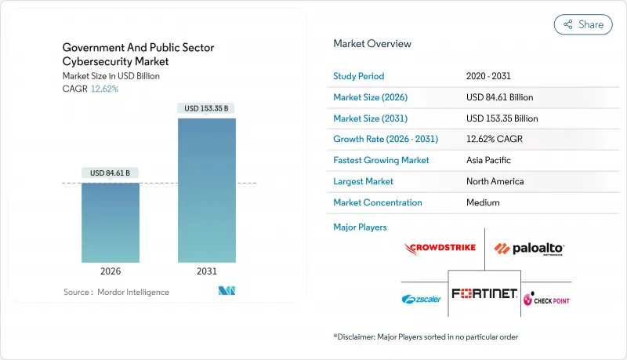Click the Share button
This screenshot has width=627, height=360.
[x=583, y=24]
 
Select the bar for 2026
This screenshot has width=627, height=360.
[x=111, y=223]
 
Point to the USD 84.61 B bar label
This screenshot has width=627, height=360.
[x=111, y=173]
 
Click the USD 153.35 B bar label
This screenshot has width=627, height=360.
[x=207, y=108]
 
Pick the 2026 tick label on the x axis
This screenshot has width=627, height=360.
[x=111, y=271]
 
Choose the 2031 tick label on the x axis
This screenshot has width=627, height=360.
[x=207, y=271]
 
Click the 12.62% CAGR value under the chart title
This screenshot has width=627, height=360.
[x=103, y=89]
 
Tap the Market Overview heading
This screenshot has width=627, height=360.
[x=372, y=44]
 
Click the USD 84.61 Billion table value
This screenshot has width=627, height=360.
[x=499, y=97]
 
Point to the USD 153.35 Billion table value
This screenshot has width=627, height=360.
[x=502, y=118]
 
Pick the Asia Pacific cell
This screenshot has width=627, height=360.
[x=488, y=160]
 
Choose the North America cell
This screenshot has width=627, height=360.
[x=495, y=181]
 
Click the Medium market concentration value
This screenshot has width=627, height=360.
[x=483, y=202]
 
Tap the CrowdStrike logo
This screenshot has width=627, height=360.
[x=440, y=249]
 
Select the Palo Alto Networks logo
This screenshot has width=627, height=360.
[x=529, y=249]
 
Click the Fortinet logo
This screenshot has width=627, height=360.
[x=484, y=293]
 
